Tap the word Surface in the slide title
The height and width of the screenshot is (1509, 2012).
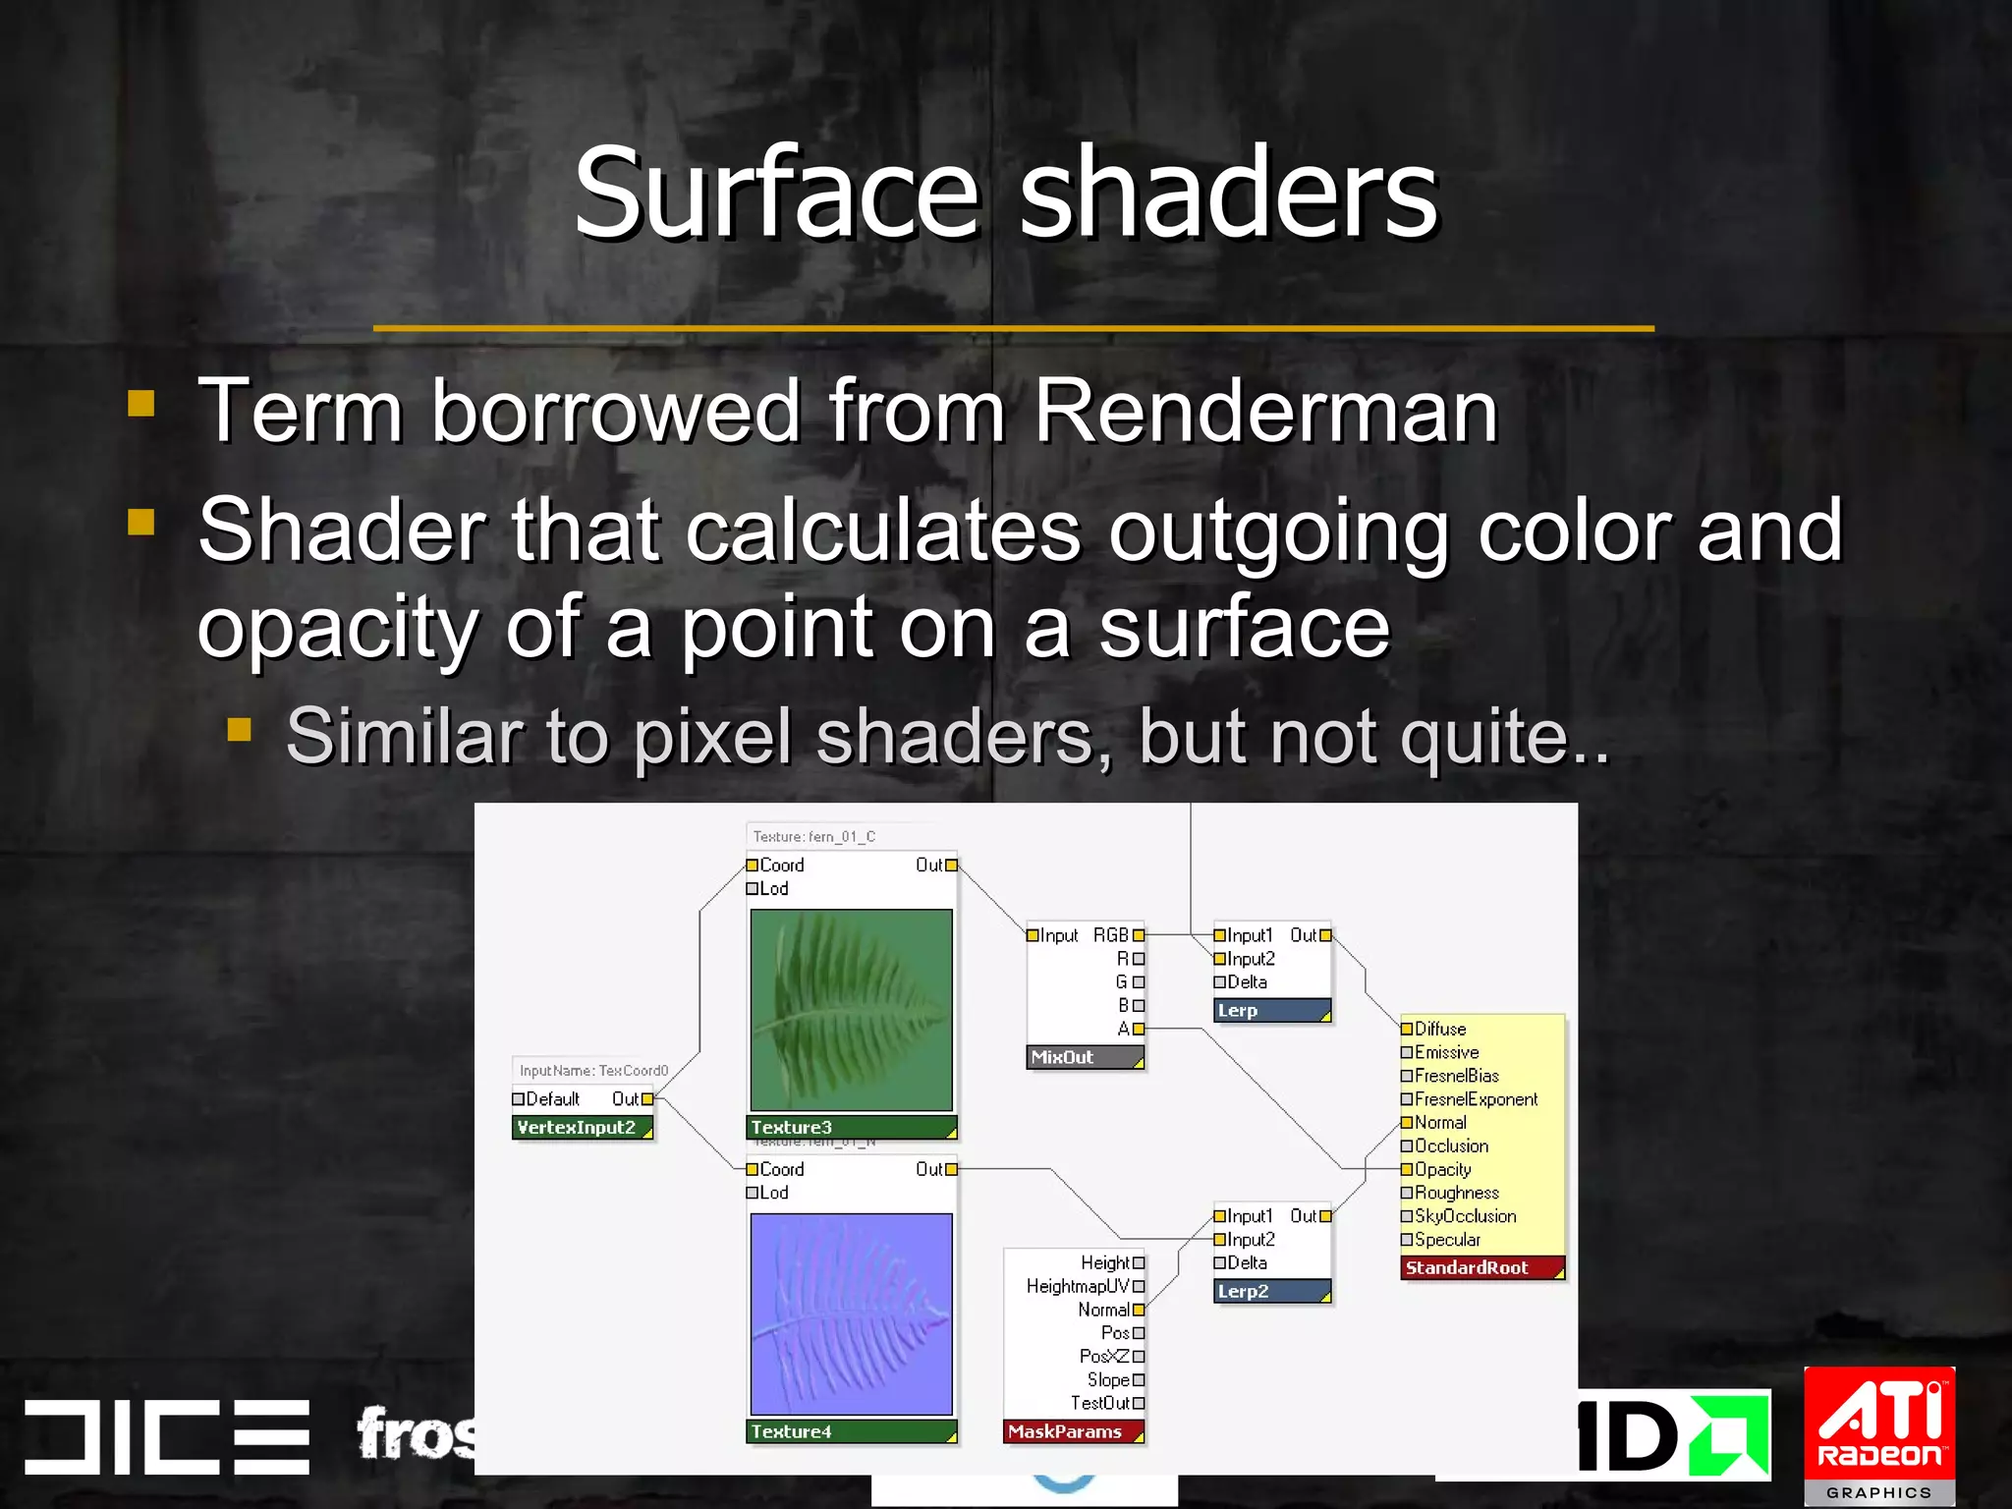click(776, 193)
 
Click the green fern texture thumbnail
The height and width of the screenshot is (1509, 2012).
click(851, 1009)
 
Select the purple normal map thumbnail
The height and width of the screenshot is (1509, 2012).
click(851, 1313)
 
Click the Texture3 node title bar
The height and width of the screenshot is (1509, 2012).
click(851, 1127)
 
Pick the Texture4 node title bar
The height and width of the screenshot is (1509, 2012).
click(851, 1431)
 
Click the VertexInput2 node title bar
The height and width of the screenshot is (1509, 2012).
click(582, 1127)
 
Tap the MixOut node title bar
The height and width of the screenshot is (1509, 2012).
click(1084, 1057)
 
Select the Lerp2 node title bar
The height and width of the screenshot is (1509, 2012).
click(1271, 1291)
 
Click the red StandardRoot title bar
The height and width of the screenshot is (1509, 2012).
click(1481, 1267)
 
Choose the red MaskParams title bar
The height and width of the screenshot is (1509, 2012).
click(1073, 1431)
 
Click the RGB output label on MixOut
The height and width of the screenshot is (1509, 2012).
click(1111, 935)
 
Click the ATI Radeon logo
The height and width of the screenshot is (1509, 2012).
click(1878, 1433)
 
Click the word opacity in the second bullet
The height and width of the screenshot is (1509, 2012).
click(338, 629)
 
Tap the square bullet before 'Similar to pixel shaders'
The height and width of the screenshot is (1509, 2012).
click(240, 729)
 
